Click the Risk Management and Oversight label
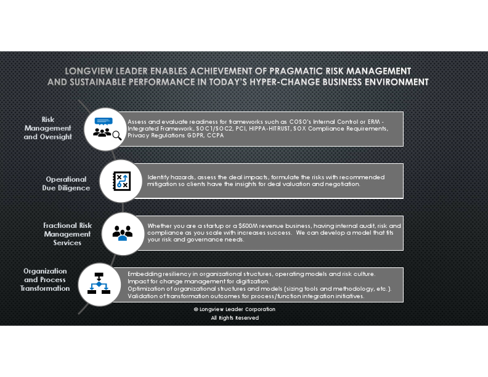[x=47, y=128]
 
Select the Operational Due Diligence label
[x=66, y=183]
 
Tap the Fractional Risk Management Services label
[x=67, y=234]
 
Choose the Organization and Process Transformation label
[x=45, y=279]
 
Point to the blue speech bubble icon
[x=102, y=121]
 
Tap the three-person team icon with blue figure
[x=122, y=232]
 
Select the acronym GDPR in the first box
[x=192, y=135]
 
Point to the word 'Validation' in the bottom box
[x=142, y=296]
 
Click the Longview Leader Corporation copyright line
[x=235, y=309]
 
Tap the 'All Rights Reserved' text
[x=235, y=318]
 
